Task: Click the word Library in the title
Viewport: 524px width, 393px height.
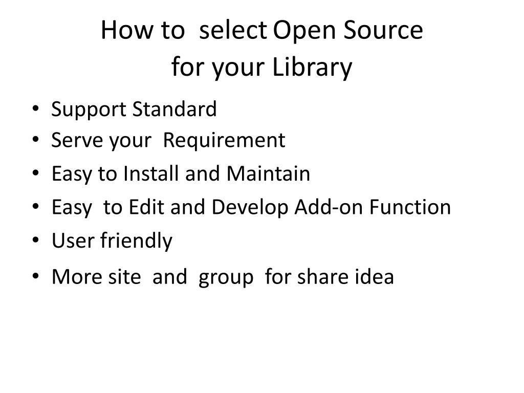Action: coord(312,68)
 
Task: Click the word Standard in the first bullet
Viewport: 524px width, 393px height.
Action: coord(174,110)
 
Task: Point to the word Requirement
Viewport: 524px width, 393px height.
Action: coord(224,140)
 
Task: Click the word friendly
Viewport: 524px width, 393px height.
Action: coord(136,241)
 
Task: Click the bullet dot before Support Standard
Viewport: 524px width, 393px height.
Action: coord(34,109)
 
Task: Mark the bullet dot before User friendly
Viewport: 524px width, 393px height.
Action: coord(34,241)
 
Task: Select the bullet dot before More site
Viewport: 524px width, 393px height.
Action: coord(34,277)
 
